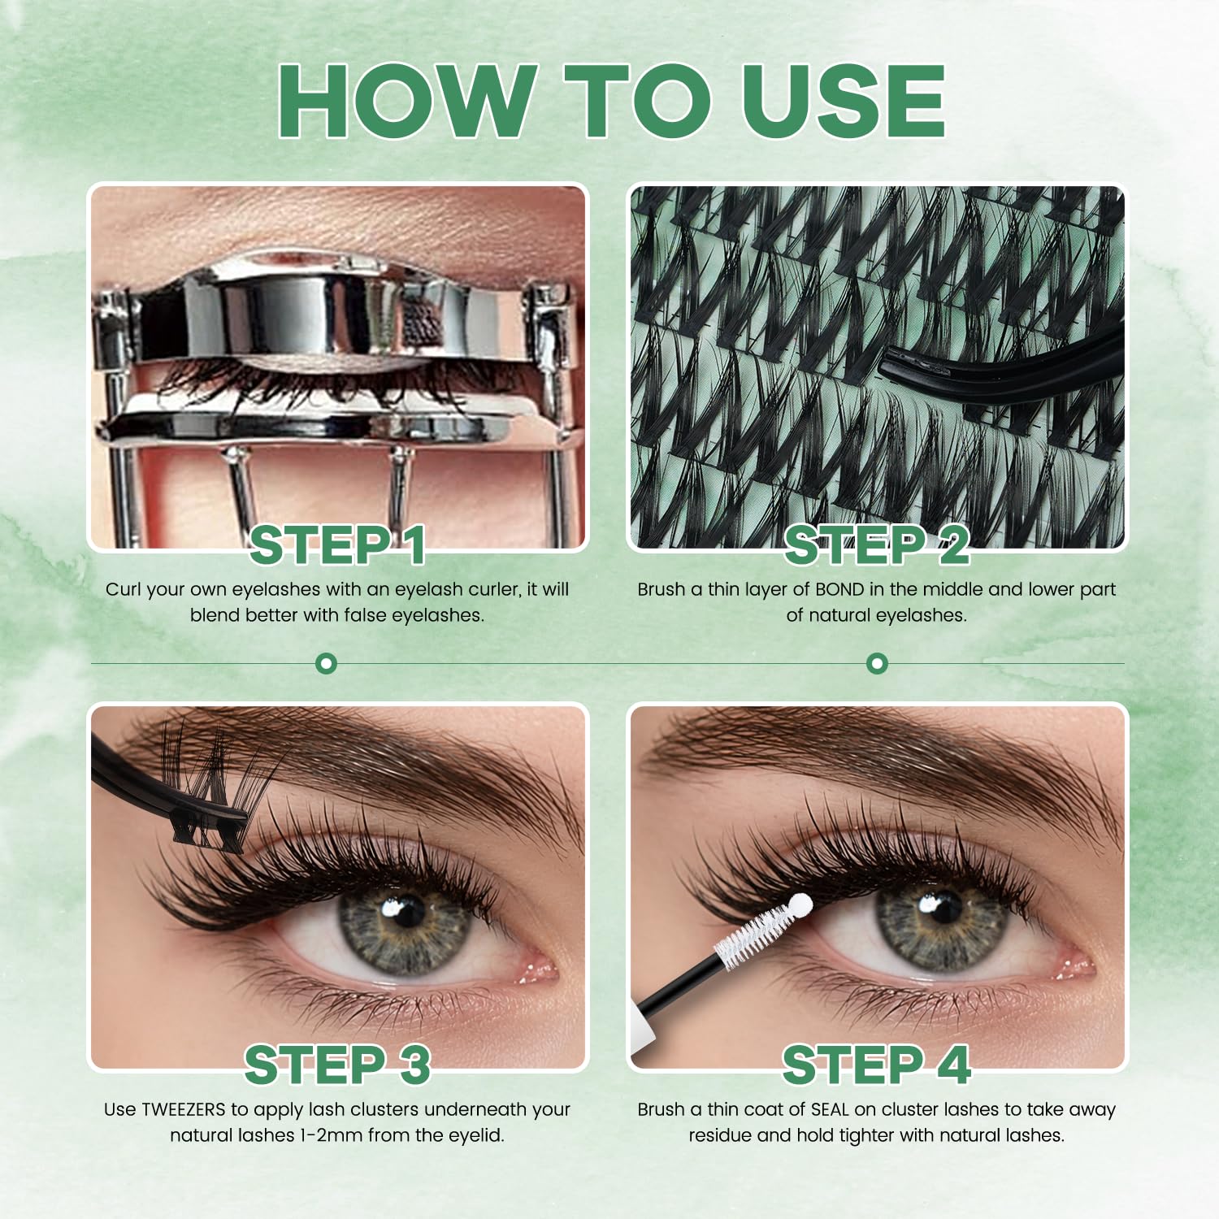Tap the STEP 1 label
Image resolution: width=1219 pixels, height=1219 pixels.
pos(337,544)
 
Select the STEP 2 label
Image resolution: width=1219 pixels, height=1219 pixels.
pos(877,544)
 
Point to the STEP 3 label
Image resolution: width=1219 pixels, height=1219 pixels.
pos(337,1065)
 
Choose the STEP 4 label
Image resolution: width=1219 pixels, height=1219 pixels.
pos(877,1065)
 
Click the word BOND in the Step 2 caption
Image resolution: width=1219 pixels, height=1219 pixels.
pos(840,589)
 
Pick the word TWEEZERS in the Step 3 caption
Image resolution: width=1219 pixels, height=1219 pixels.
pos(184,1109)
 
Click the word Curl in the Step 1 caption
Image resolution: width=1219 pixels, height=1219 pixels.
pos(122,589)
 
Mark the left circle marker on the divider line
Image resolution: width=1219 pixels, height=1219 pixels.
pos(326,664)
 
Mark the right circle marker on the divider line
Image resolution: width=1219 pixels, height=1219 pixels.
pos(877,664)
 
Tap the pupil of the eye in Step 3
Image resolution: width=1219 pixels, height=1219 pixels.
pos(409,912)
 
